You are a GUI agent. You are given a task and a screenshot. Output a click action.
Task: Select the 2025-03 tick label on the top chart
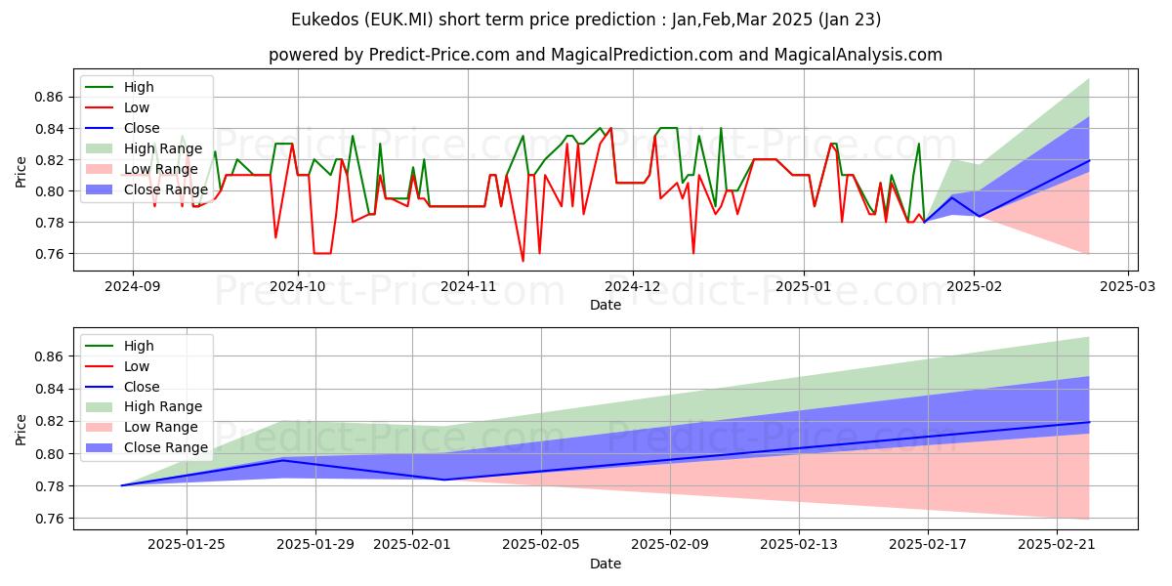1128,286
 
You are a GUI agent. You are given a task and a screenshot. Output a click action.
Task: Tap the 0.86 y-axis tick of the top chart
49,98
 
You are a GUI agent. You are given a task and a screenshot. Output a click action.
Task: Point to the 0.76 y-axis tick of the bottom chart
49,519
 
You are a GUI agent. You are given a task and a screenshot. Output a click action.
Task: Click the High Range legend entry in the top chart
164,148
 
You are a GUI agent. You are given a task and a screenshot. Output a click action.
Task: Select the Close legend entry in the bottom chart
142,387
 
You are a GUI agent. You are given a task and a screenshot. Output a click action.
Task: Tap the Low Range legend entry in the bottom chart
160,427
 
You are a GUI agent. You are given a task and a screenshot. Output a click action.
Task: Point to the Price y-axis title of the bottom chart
21,429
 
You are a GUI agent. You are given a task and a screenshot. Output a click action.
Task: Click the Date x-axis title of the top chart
606,305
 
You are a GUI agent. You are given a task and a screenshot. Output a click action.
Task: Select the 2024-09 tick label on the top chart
133,286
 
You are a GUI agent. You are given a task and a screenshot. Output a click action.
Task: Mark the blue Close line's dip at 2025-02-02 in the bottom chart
444,480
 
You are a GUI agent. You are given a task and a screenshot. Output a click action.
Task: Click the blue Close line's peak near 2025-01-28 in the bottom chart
282,460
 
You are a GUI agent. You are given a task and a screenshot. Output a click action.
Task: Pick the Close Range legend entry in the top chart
166,189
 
